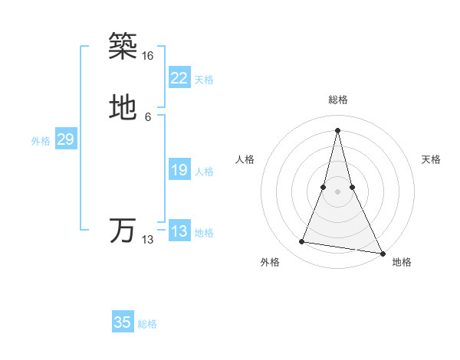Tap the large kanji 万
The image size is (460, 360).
(123, 231)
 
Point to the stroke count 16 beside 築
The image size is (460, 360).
(148, 56)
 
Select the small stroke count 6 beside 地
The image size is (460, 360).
(148, 117)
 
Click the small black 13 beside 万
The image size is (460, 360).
(148, 240)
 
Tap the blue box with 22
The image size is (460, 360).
(179, 78)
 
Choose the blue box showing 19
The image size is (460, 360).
(179, 170)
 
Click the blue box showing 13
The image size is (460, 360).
(179, 231)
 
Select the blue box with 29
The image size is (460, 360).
(65, 139)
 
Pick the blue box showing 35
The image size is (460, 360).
(123, 322)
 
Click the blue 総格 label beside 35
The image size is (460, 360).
(147, 324)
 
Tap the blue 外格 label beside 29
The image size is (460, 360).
(41, 141)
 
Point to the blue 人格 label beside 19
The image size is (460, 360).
(204, 172)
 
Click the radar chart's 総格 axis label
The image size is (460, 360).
(337, 100)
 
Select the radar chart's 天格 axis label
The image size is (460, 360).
(431, 159)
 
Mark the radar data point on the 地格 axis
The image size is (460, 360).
(383, 254)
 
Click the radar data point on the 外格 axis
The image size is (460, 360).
(302, 242)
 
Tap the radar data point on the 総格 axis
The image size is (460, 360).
(337, 130)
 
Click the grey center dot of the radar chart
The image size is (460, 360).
(337, 191)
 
